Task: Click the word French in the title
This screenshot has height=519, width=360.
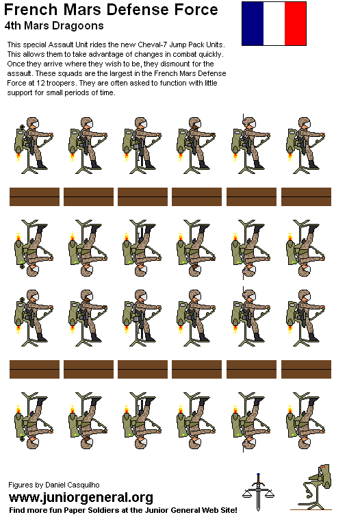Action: point(29,10)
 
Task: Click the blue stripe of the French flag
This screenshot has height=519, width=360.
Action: point(252,23)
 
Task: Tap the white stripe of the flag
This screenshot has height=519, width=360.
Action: point(274,23)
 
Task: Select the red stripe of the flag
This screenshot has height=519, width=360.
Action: point(296,23)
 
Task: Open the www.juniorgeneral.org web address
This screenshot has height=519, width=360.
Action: point(81,497)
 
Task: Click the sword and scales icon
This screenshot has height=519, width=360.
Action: point(258,492)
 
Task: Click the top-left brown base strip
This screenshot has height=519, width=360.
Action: point(34,197)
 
